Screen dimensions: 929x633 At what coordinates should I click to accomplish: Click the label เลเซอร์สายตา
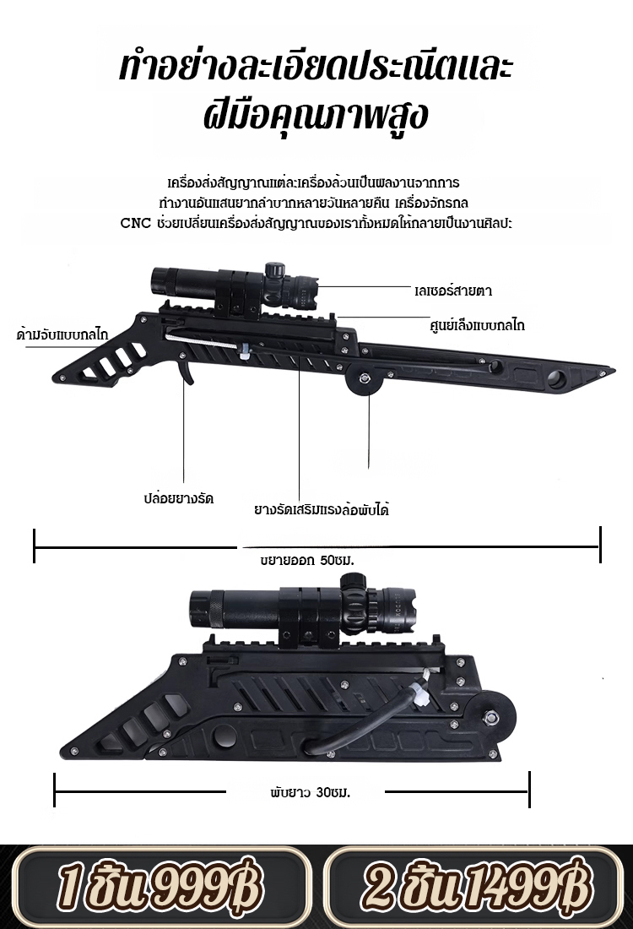point(453,291)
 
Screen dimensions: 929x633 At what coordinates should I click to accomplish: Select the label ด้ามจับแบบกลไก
point(63,334)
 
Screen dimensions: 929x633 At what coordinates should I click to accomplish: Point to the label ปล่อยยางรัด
point(178,498)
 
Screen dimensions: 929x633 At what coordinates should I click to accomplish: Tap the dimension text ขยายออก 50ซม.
point(306,560)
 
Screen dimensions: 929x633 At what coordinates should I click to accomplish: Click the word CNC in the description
point(136,223)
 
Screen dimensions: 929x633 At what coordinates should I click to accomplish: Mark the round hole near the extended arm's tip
point(558,378)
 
